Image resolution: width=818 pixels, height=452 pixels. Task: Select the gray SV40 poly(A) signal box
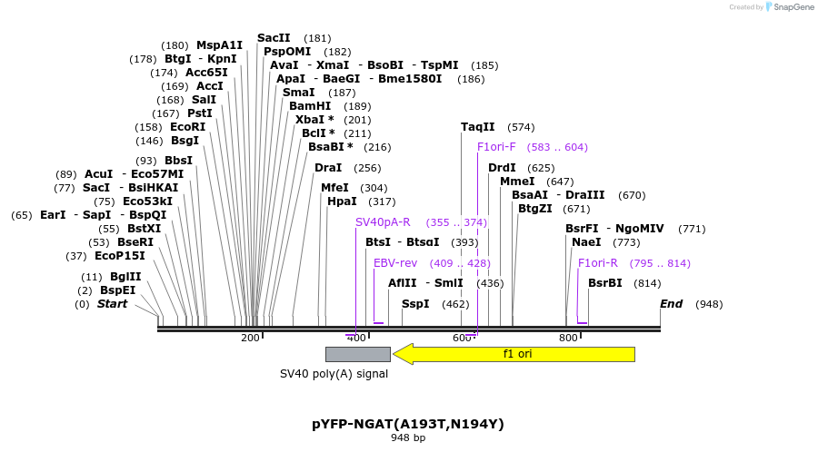[x=357, y=354]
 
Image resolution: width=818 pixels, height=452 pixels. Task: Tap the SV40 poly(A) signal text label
[x=334, y=373]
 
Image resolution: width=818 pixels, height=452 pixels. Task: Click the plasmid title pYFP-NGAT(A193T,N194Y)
[x=408, y=424]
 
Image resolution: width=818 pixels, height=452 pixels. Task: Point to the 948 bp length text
[x=408, y=438]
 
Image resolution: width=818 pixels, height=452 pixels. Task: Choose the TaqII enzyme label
[x=478, y=127]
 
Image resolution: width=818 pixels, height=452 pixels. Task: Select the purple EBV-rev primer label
[x=395, y=263]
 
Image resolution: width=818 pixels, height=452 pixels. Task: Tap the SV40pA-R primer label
[x=383, y=222]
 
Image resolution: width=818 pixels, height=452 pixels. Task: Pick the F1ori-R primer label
[x=598, y=263]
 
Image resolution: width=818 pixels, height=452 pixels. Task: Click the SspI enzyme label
[x=415, y=303]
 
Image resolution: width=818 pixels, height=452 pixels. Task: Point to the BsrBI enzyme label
[x=605, y=283]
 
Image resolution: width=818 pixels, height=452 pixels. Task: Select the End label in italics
[x=671, y=303]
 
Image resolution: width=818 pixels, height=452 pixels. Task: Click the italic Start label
[x=113, y=303]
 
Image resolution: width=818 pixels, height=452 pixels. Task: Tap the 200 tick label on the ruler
[x=250, y=338]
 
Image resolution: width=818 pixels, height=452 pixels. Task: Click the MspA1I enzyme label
[x=220, y=45]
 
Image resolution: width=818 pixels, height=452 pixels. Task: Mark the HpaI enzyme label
[x=342, y=201]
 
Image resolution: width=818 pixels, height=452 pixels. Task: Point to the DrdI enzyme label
[x=502, y=168]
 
